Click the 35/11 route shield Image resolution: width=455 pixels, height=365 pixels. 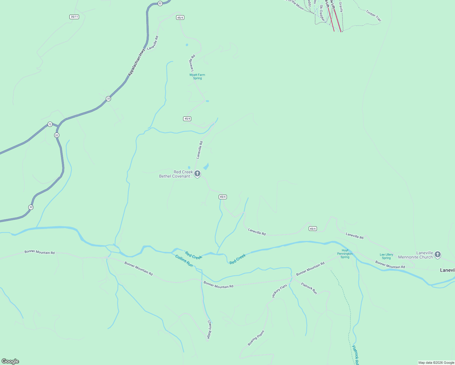pos(74,17)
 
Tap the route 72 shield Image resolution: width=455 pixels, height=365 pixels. pos(50,124)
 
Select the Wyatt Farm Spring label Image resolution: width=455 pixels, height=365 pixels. pos(197,76)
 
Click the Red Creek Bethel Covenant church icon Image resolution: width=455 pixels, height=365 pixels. pos(197,174)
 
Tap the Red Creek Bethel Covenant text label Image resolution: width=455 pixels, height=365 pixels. pos(176,174)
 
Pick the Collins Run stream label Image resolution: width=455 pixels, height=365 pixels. pos(184,261)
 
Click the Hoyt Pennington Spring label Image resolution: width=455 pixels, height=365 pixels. pos(345,254)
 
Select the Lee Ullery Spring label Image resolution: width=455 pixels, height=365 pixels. pos(386,256)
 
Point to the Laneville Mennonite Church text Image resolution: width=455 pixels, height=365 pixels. pos(415,255)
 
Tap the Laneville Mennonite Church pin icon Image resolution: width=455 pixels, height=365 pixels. pos(437,254)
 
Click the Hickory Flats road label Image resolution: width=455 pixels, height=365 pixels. pos(280,291)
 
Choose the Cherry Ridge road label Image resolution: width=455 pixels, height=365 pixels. pos(209,329)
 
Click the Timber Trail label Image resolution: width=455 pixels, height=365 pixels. pos(373,16)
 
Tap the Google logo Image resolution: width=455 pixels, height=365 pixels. pos(10,361)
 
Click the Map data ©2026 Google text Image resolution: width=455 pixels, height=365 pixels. pos(436,363)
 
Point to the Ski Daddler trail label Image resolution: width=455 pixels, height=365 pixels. pos(322,13)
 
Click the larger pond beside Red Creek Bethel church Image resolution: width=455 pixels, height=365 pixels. pos(206,166)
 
